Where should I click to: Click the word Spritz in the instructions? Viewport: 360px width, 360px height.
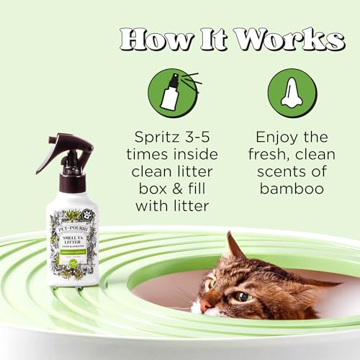(153, 137)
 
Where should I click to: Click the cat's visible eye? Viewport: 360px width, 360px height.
(243, 296)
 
